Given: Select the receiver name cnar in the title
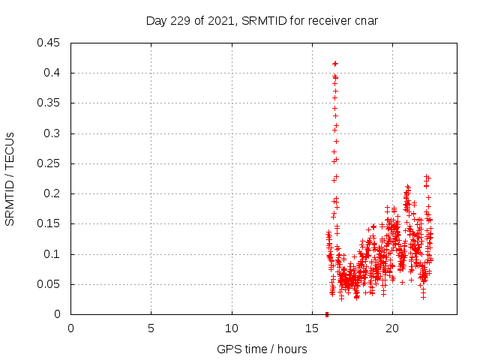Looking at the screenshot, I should click(364, 20).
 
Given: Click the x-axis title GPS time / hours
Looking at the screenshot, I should click(262, 349).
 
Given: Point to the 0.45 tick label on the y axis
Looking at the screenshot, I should click(49, 43).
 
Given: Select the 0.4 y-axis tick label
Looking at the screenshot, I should click(52, 73).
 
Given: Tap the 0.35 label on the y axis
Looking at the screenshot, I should click(49, 103).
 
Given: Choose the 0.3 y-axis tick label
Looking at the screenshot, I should click(52, 133).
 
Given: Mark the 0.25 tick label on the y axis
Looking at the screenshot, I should click(49, 163).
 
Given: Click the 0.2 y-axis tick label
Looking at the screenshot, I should click(52, 193).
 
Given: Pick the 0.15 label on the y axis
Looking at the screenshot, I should click(49, 224).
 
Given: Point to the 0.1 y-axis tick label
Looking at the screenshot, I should click(52, 254).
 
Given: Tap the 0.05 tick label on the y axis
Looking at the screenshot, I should click(49, 284).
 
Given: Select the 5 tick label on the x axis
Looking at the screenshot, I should click(151, 328).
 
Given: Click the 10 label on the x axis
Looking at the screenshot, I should click(232, 328).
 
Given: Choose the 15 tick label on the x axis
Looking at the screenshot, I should click(312, 328).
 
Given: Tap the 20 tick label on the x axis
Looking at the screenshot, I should click(392, 328).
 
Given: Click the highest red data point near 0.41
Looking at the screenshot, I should click(335, 64).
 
